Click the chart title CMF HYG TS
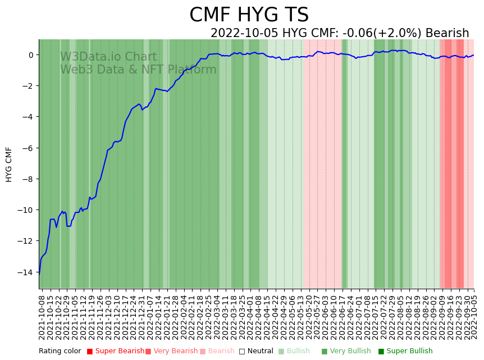[x=249, y=15]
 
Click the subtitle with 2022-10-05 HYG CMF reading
[x=339, y=33]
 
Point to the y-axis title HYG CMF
[x=9, y=165]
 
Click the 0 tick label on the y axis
[x=31, y=55]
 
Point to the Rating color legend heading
[x=60, y=351]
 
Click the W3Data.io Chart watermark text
[x=108, y=57]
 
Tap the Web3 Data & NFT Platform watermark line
[x=138, y=70]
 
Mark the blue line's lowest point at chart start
[x=39, y=274]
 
